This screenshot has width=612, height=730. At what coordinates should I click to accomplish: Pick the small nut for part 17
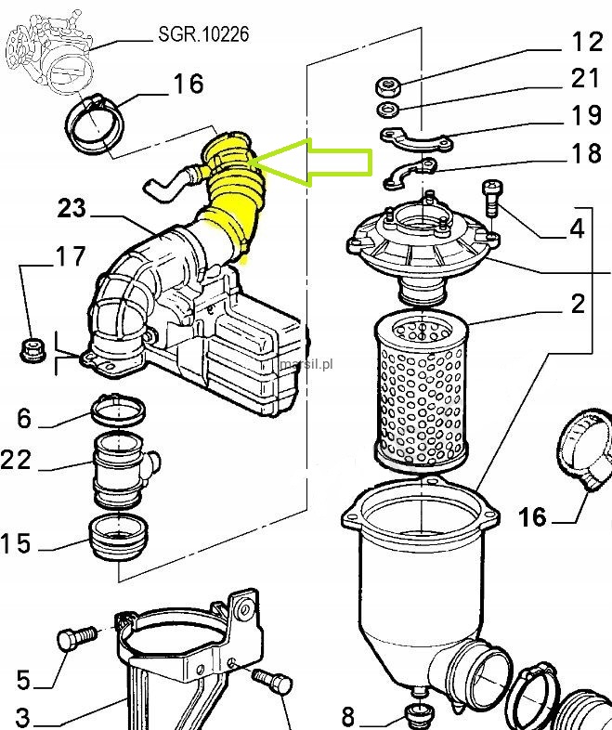pos(32,349)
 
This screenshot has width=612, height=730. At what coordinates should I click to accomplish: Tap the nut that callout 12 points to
pos(387,88)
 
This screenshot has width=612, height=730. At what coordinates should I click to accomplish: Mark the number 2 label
pos(578,303)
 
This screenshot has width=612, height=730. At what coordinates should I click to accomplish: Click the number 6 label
pos(23,419)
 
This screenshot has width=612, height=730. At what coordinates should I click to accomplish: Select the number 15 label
pos(17,543)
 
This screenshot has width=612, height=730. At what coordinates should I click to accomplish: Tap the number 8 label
pos(348,716)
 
